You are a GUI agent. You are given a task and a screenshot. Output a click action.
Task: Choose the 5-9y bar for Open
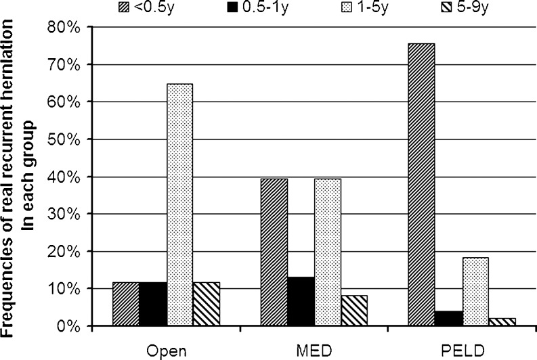click(x=207, y=304)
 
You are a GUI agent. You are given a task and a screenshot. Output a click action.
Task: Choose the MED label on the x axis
click(x=314, y=351)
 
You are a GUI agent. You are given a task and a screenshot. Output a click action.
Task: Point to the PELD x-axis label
click(x=462, y=351)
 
